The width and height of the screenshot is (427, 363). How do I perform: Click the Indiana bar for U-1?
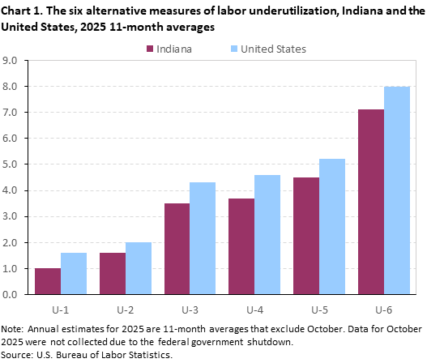pyautogui.click(x=47, y=281)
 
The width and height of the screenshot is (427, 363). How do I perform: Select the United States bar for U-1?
pyautogui.click(x=73, y=273)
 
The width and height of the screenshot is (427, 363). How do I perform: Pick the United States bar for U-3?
pyautogui.click(x=203, y=238)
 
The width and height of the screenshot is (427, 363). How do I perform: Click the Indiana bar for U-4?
pyautogui.click(x=241, y=246)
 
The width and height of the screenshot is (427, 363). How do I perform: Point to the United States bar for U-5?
pyautogui.click(x=332, y=226)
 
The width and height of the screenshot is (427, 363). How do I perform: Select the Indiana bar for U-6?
pyautogui.click(x=371, y=202)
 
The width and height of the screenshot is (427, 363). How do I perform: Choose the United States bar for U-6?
pyautogui.click(x=397, y=190)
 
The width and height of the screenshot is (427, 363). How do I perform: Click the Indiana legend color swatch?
pyautogui.click(x=151, y=49)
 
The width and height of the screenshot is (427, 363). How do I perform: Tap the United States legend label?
pyautogui.click(x=275, y=49)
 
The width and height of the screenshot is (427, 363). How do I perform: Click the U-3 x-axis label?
pyautogui.click(x=190, y=309)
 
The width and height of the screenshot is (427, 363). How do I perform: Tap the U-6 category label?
pyautogui.click(x=384, y=309)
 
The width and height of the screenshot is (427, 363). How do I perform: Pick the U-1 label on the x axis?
pyautogui.click(x=60, y=309)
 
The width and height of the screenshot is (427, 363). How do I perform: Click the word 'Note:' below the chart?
pyautogui.click(x=14, y=330)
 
